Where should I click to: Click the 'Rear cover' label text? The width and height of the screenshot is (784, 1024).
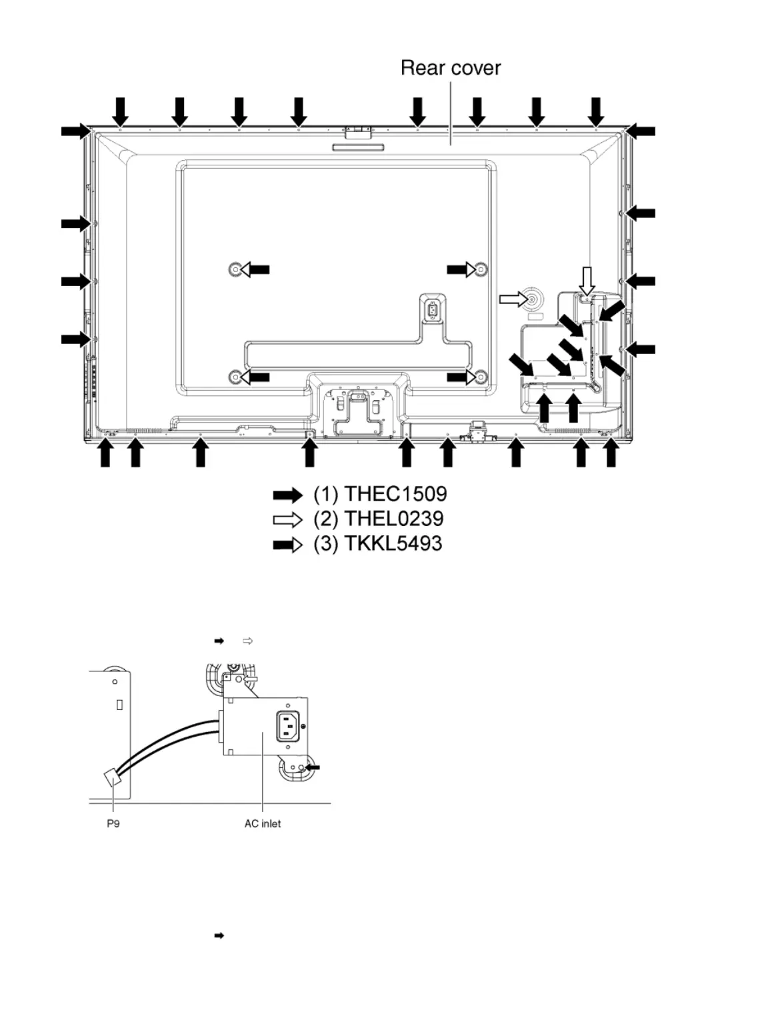451,68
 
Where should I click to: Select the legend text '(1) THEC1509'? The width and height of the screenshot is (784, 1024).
380,494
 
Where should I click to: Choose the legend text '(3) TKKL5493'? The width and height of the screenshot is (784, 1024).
377,543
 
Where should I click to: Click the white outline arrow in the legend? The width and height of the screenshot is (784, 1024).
287,519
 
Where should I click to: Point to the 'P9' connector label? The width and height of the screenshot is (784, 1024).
113,823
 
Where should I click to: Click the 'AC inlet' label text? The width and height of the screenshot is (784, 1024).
263,823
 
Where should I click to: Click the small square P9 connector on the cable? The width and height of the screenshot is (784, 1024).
112,777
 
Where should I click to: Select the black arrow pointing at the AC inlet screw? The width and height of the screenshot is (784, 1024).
312,768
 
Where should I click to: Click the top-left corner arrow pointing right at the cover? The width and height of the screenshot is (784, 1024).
75,131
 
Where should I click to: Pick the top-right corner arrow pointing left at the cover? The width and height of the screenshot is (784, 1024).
642,131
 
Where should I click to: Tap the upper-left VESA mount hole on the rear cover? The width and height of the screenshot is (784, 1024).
235,269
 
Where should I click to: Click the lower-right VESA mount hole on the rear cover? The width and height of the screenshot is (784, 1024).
481,378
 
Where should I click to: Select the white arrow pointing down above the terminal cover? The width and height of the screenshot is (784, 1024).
586,280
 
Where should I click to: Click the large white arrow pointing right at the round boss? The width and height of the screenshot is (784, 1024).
513,300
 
